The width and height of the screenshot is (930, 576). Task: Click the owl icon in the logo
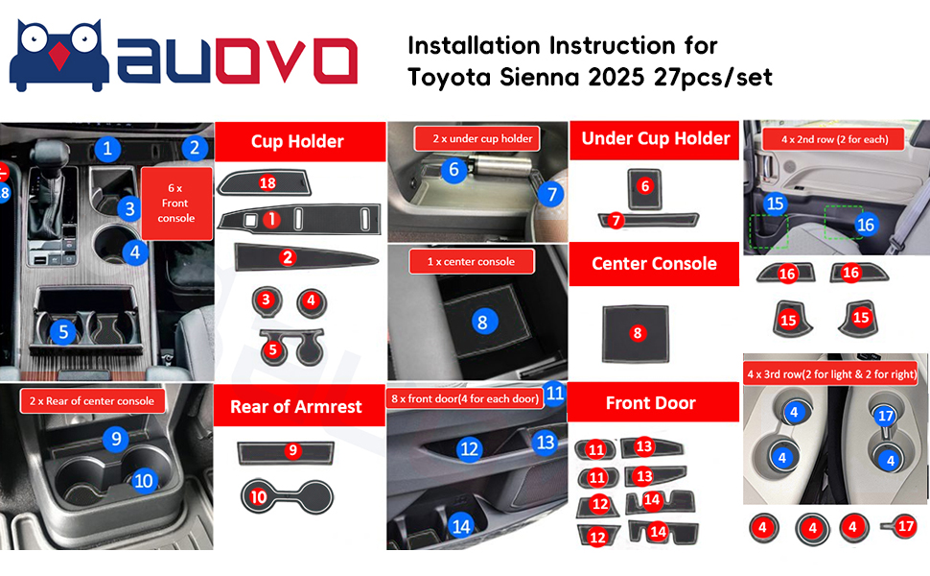(x=59, y=56)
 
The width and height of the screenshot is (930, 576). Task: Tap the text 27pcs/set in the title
(x=713, y=78)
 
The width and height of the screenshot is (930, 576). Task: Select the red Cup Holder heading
(x=299, y=141)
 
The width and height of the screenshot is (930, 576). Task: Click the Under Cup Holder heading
(x=655, y=139)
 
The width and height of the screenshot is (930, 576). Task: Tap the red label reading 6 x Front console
(x=176, y=204)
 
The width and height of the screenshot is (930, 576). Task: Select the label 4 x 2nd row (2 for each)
(x=834, y=139)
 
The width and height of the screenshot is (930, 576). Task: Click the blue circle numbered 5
(x=63, y=331)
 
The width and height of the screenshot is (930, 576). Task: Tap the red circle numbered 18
(x=267, y=183)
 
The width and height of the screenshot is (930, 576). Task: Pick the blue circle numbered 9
(x=116, y=439)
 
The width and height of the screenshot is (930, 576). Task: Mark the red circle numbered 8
(x=637, y=333)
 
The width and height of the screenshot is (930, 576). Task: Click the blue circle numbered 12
(x=469, y=449)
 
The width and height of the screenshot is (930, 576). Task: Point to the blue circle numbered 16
(x=866, y=225)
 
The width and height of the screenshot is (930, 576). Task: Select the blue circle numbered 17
(x=886, y=416)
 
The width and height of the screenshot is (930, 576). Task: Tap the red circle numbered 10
(x=258, y=496)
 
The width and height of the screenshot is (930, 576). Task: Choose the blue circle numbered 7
(x=551, y=194)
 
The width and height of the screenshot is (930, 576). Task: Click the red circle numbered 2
(x=288, y=257)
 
